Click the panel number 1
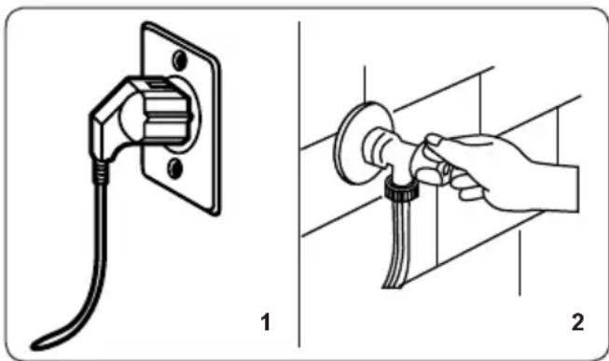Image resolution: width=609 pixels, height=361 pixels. pyautogui.click(x=265, y=323)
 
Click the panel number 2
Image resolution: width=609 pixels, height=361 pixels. pyautogui.click(x=577, y=323)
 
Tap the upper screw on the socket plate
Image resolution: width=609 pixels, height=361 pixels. pyautogui.click(x=179, y=61)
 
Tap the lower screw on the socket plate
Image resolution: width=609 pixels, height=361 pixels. pyautogui.click(x=174, y=169)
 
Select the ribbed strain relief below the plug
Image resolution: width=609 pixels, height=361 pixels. pyautogui.click(x=100, y=172)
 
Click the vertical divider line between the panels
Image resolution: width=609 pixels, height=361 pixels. pyautogui.click(x=299, y=184)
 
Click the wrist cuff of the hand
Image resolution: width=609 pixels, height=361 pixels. pyautogui.click(x=568, y=188)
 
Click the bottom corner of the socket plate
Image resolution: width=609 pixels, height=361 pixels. pyautogui.click(x=215, y=213)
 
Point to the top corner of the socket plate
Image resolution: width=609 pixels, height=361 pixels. pyautogui.click(x=145, y=24)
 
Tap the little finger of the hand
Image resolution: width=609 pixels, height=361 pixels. pyautogui.click(x=472, y=193)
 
